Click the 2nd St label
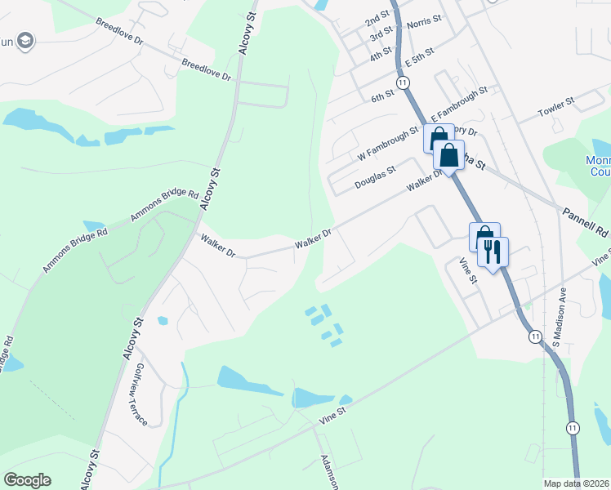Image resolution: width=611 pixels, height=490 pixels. pos(377,18)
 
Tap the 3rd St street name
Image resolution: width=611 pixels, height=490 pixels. pos(381,36)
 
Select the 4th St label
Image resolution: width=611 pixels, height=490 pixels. pos(381,56)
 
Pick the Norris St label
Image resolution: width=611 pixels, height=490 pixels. pos(424,20)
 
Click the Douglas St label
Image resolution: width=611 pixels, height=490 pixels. pos(375,179)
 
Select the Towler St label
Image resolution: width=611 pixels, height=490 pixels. pos(555,104)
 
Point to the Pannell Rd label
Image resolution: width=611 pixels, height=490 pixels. pos(585,221)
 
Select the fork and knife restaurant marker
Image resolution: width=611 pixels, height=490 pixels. pos(493,251)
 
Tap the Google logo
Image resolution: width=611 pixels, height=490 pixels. pos(27,480)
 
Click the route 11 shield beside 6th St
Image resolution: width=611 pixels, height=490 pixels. pos(403,82)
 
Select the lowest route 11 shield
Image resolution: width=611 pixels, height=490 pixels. pos(573,428)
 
